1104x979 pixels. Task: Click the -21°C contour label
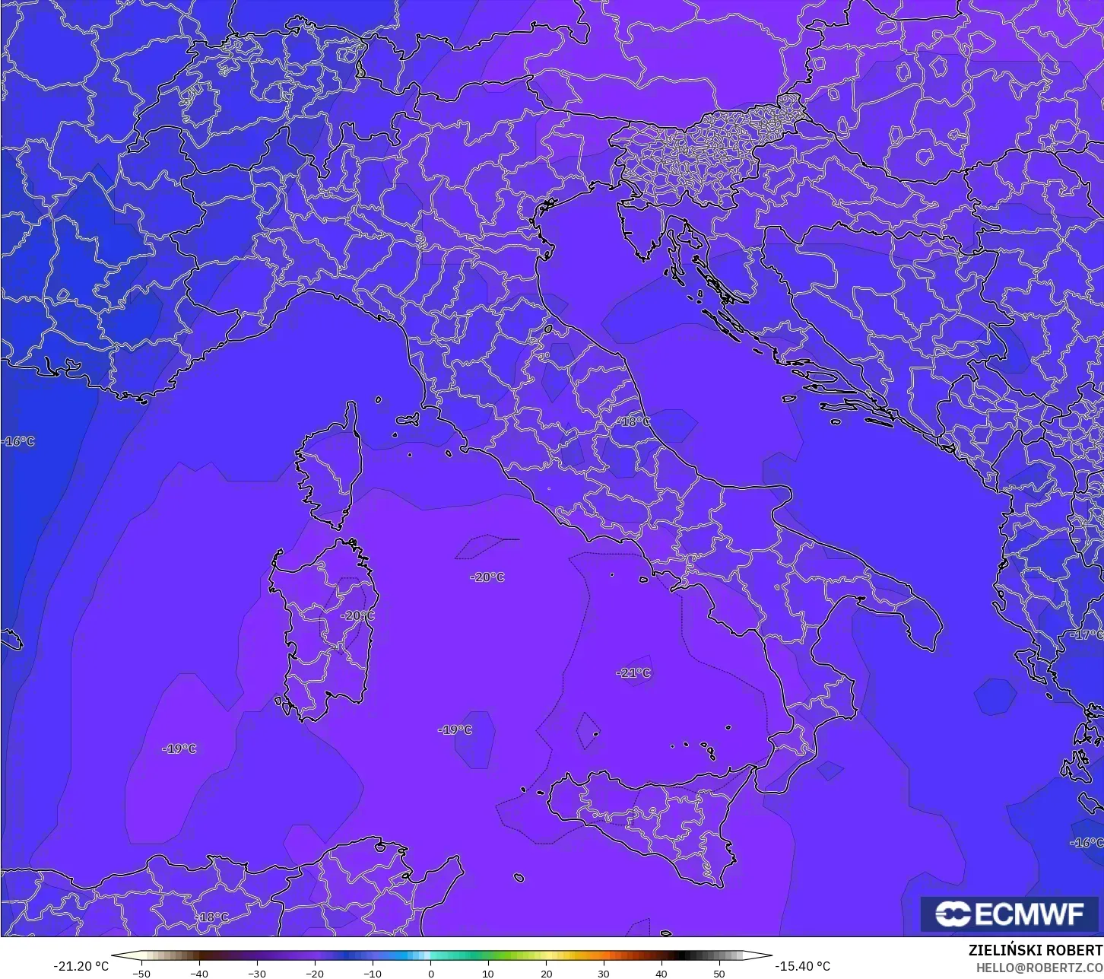tap(633, 673)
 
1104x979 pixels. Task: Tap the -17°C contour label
tap(1087, 634)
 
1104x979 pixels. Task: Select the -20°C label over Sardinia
tap(357, 615)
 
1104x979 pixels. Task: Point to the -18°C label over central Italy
tap(633, 421)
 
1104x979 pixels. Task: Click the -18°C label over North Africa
tap(211, 917)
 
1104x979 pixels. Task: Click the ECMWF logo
tap(1010, 914)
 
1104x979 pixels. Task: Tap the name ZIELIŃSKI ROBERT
tap(1035, 951)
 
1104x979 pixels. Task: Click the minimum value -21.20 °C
tap(81, 966)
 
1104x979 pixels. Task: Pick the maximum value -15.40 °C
tap(802, 966)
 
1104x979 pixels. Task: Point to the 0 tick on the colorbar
tap(430, 973)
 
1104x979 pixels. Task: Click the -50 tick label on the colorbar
tap(141, 973)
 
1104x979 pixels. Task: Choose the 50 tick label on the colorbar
tap(719, 973)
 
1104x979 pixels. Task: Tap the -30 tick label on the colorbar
tap(257, 973)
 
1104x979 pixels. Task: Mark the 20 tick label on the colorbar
tap(546, 973)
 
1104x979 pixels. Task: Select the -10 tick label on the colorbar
tap(373, 973)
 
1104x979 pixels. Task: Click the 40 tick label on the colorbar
tap(661, 973)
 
